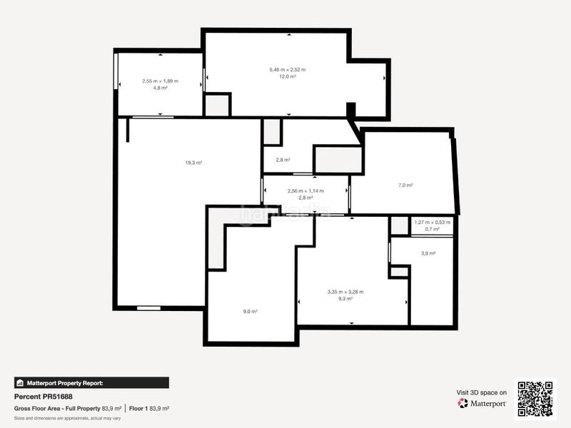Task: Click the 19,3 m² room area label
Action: point(193,163)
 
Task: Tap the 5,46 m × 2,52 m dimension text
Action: point(288,69)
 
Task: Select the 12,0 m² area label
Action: point(288,76)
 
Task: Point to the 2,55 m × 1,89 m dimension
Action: point(160,81)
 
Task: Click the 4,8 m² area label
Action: point(160,88)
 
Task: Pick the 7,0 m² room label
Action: point(405,185)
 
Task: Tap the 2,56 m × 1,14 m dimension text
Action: point(305,190)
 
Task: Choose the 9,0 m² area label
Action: point(250,311)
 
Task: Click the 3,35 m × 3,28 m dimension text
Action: point(345,291)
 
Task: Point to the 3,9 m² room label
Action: point(428,253)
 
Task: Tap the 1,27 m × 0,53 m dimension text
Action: point(433,222)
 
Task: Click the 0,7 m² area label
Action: point(433,229)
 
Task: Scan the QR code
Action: point(536,397)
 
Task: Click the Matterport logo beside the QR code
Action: point(482,403)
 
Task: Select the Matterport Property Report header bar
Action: point(91,382)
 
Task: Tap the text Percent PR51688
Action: point(44,396)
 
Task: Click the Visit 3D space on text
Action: point(482,392)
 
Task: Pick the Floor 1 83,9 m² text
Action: point(149,408)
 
